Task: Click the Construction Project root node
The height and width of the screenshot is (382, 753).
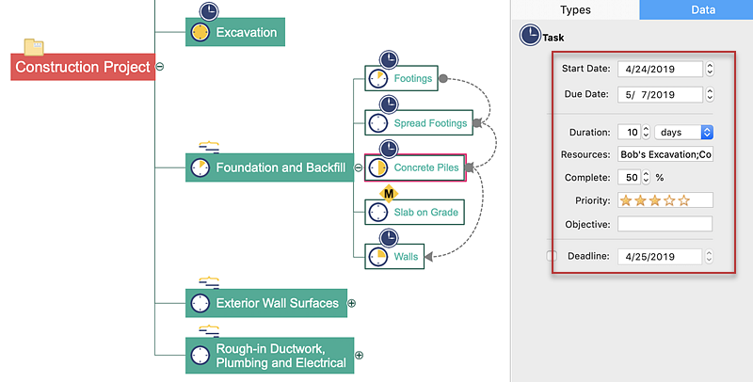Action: [x=83, y=67]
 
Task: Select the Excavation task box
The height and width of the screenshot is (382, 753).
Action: [x=234, y=32]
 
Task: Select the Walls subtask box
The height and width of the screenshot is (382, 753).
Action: [x=394, y=256]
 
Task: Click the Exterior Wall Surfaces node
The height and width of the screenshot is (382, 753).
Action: [x=266, y=303]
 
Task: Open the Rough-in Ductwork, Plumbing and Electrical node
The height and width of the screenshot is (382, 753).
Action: [x=269, y=356]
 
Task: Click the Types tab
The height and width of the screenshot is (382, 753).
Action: [x=575, y=10]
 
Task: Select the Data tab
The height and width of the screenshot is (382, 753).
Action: [x=697, y=10]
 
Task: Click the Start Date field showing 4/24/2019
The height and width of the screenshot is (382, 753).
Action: [x=660, y=69]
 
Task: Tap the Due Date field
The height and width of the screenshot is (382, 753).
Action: [x=660, y=94]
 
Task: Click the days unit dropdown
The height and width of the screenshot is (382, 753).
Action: [x=684, y=132]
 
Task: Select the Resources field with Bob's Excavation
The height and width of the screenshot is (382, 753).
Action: [x=665, y=154]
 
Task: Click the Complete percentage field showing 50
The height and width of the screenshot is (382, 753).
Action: [x=629, y=177]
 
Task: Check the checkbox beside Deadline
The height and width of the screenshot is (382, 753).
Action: [x=553, y=256]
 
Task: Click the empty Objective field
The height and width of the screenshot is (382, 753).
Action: [x=665, y=224]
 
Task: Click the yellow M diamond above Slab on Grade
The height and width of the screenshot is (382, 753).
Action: [x=388, y=193]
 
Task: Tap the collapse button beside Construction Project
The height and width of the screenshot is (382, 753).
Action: [x=160, y=67]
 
